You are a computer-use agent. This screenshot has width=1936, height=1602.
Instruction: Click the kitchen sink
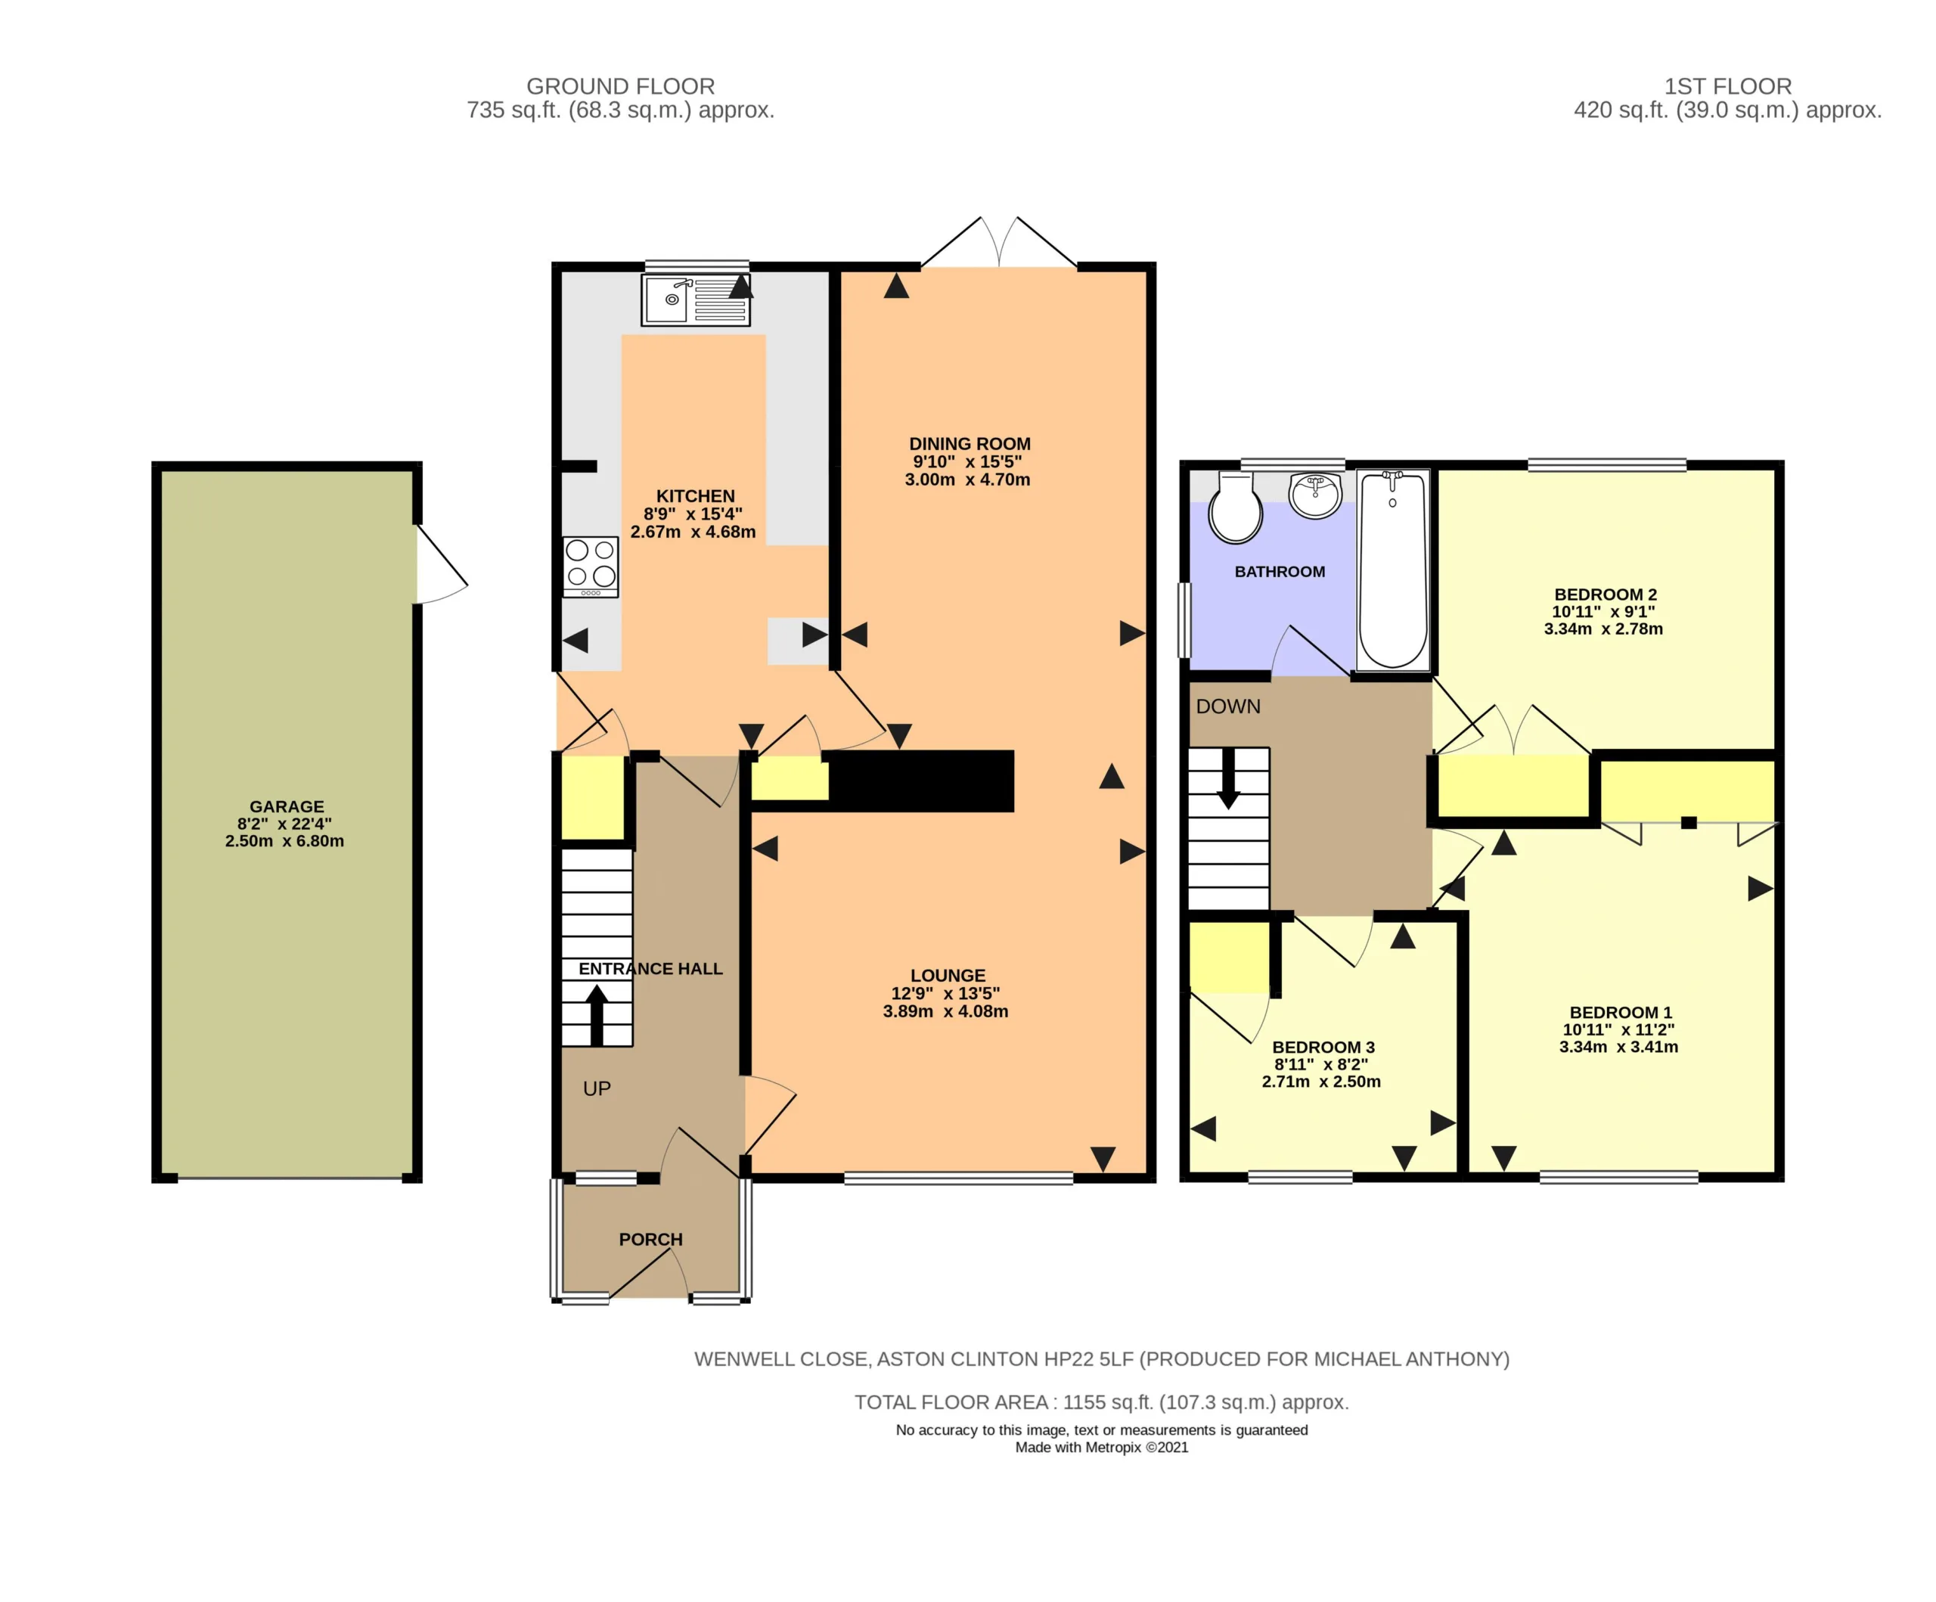[696, 300]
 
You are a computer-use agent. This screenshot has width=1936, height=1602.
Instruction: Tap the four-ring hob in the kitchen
[591, 567]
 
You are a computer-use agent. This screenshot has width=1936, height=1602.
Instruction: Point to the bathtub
[1393, 569]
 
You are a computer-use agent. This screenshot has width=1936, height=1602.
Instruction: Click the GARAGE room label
[287, 807]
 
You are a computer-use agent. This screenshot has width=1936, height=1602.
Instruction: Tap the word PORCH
[651, 1240]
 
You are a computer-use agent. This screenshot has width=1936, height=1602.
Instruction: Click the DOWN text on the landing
[1228, 706]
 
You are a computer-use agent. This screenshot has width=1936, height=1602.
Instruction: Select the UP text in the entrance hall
[597, 1089]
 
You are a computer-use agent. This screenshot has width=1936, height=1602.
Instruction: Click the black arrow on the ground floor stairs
[597, 1014]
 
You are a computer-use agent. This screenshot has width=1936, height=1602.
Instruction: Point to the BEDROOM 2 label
[1605, 595]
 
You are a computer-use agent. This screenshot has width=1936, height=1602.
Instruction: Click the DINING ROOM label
[970, 444]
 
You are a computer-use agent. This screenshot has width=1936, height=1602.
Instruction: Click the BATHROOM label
[1280, 572]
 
